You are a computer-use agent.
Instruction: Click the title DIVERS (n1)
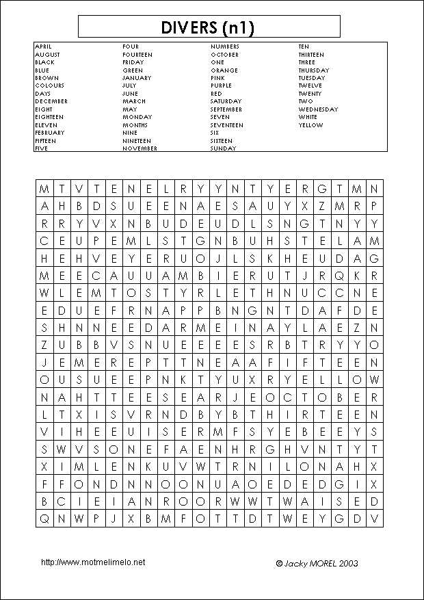point(209,27)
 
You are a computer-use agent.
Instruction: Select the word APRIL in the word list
point(42,47)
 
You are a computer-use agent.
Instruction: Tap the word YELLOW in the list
point(310,125)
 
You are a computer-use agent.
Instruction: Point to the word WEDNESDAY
point(318,109)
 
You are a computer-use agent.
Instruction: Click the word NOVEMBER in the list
point(140,148)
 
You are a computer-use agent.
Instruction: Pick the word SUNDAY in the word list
point(223,148)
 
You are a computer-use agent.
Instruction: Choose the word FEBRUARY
point(49,133)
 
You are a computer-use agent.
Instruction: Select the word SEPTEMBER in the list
point(226,109)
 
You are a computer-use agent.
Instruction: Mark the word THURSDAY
point(313,70)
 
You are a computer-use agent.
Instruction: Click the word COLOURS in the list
point(49,86)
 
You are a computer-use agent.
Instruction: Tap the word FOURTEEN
point(137,55)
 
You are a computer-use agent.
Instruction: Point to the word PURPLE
point(221,86)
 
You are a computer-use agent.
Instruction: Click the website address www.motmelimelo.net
point(93,562)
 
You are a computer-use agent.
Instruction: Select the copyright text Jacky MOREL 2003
point(317,564)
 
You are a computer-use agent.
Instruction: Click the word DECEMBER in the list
point(51,101)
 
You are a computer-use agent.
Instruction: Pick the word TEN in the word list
point(304,47)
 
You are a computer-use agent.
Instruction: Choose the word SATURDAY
point(226,101)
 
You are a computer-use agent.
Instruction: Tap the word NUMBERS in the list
point(224,47)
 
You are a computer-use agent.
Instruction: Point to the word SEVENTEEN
point(226,125)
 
